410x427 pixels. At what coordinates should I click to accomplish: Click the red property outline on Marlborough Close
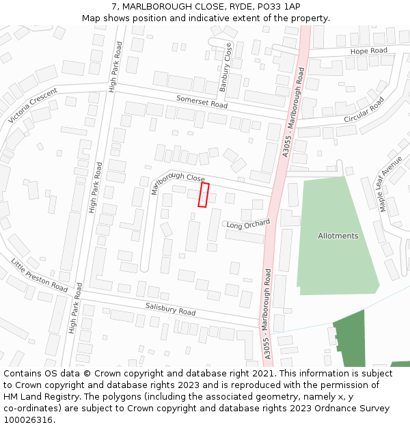click(x=204, y=194)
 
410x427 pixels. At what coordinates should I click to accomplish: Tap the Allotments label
click(x=338, y=236)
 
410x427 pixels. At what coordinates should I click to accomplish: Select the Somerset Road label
click(x=202, y=102)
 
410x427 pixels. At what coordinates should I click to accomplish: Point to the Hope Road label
click(x=368, y=51)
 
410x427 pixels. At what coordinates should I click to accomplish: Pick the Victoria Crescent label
click(x=33, y=106)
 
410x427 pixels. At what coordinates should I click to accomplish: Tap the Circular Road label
click(x=364, y=109)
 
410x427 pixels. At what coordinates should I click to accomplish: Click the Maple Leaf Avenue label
click(x=392, y=184)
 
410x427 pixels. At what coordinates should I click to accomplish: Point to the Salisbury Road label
click(x=170, y=309)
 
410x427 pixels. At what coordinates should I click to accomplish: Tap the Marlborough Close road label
click(x=178, y=181)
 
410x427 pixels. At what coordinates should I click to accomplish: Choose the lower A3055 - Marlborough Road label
click(x=267, y=314)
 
